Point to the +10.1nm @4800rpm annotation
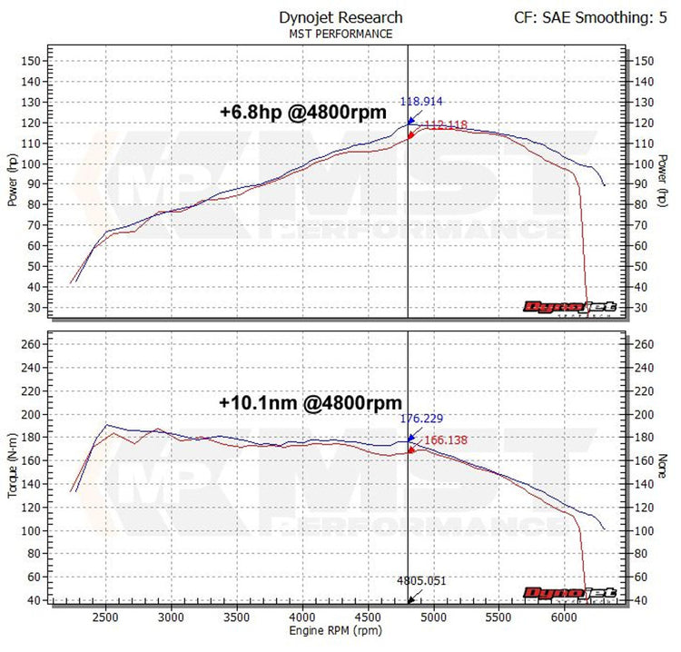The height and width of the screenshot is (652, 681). (311, 401)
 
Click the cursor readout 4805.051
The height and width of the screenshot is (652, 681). (421, 581)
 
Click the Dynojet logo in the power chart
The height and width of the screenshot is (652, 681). (569, 307)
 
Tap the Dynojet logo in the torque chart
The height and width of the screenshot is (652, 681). (569, 592)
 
